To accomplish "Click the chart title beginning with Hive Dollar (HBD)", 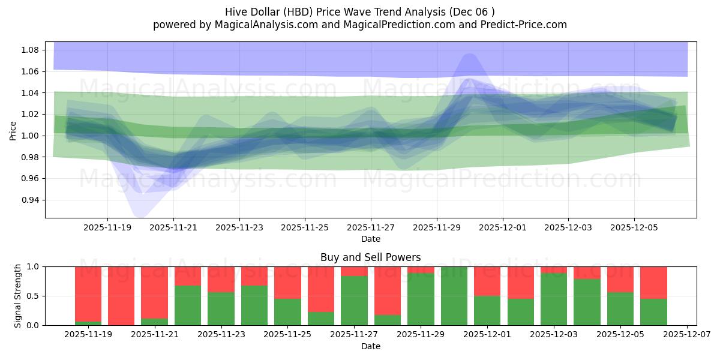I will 360,11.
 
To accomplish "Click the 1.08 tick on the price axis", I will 29,50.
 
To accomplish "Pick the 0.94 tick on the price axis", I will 29,200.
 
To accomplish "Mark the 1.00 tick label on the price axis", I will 29,136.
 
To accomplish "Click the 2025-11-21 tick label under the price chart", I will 173,228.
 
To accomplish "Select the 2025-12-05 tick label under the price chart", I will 634,228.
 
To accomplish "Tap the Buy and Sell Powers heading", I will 370,257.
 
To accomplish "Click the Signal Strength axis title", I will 18,296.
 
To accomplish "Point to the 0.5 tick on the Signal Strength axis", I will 34,296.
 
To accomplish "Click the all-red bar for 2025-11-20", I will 121,296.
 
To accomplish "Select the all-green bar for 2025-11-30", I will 454,296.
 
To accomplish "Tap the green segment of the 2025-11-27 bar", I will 354,301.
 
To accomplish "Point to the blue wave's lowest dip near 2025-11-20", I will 140,214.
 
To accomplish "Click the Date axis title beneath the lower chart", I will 370,346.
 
